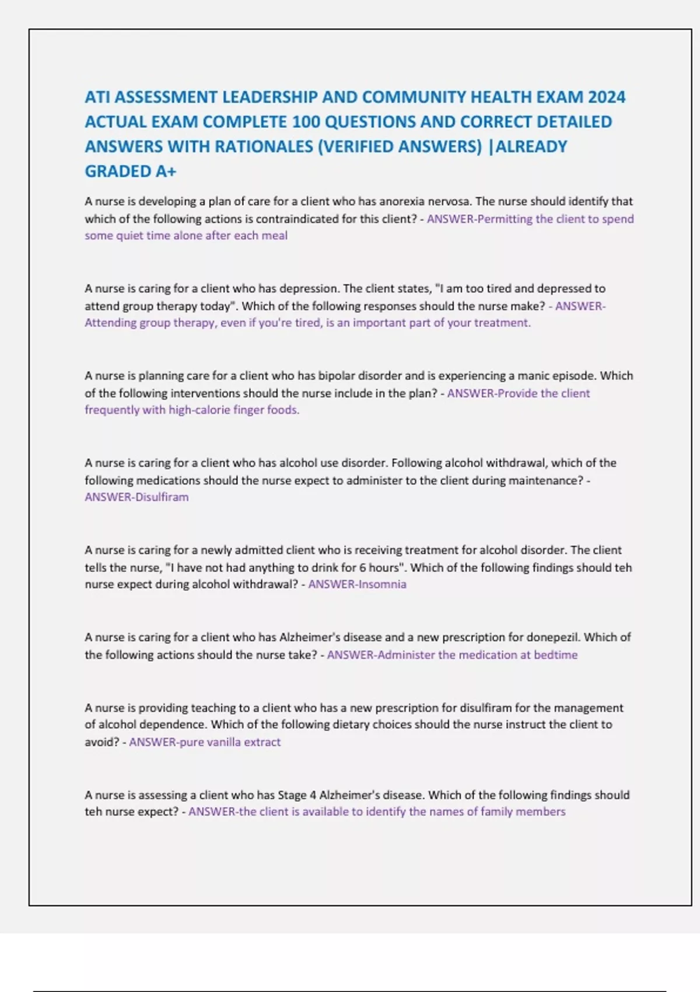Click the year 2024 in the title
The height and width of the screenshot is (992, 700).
tap(607, 97)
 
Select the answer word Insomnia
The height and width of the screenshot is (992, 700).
tap(382, 584)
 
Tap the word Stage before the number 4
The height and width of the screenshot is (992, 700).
tap(292, 795)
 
